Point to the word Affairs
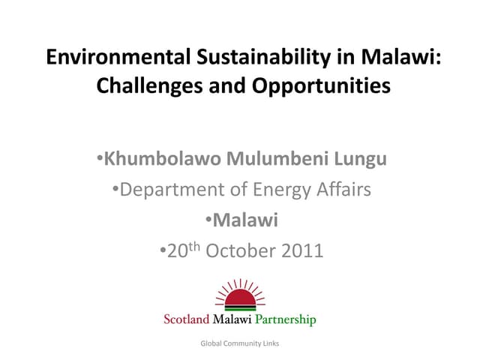tap(341, 189)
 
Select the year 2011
tap(298, 250)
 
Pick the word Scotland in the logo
tap(188, 319)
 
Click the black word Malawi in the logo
tap(232, 319)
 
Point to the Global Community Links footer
tap(239, 343)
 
